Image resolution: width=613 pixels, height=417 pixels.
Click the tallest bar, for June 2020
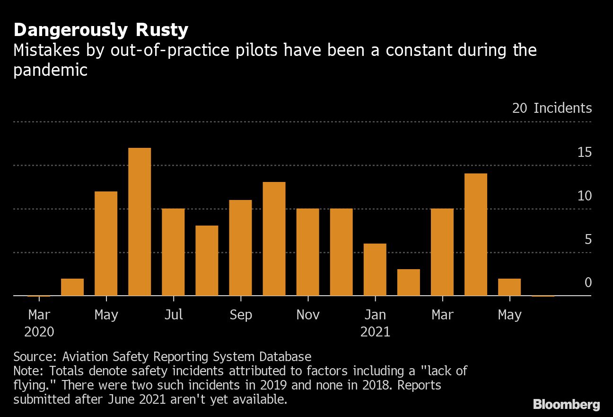coord(140,222)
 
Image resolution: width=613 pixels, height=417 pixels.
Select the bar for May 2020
coord(106,244)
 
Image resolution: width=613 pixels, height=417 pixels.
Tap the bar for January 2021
coord(375,270)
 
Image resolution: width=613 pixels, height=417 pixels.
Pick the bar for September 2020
coord(241,248)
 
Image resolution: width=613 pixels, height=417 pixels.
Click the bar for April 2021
coord(476,235)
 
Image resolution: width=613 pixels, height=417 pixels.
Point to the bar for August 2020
coord(207,261)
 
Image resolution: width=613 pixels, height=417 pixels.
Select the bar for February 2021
coord(409,282)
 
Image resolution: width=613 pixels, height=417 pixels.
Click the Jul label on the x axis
coord(174,315)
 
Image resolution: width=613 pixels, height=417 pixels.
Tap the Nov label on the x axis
coord(308,315)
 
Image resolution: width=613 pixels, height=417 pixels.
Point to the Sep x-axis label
coord(241,315)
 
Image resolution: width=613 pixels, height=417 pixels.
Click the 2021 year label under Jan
coord(375,332)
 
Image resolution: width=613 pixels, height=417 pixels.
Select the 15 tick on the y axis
coord(585,152)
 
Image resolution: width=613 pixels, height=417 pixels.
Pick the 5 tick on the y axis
coord(588,239)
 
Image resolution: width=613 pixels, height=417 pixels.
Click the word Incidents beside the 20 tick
coord(563,108)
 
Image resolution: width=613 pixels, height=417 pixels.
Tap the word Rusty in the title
coord(162,30)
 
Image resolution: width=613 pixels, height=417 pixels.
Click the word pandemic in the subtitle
coord(50,71)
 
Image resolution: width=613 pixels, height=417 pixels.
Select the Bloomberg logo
coord(567,405)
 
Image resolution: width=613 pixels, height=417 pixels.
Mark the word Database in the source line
coord(285,357)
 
